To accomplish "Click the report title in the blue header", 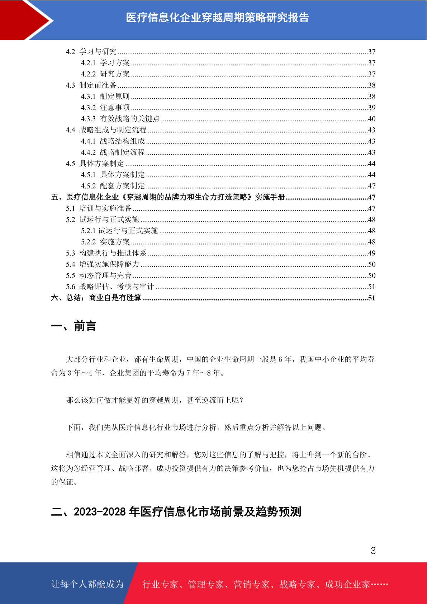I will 217,18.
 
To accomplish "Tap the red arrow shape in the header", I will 25,20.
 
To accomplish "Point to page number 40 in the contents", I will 371,119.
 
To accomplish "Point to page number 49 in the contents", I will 371,253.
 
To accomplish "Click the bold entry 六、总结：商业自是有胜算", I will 96,298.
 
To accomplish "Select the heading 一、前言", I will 73,326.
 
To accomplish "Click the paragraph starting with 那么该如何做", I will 155,400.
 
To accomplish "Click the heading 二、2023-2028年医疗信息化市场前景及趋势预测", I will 176,512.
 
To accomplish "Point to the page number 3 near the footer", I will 373,551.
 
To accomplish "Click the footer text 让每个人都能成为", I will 87,584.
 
